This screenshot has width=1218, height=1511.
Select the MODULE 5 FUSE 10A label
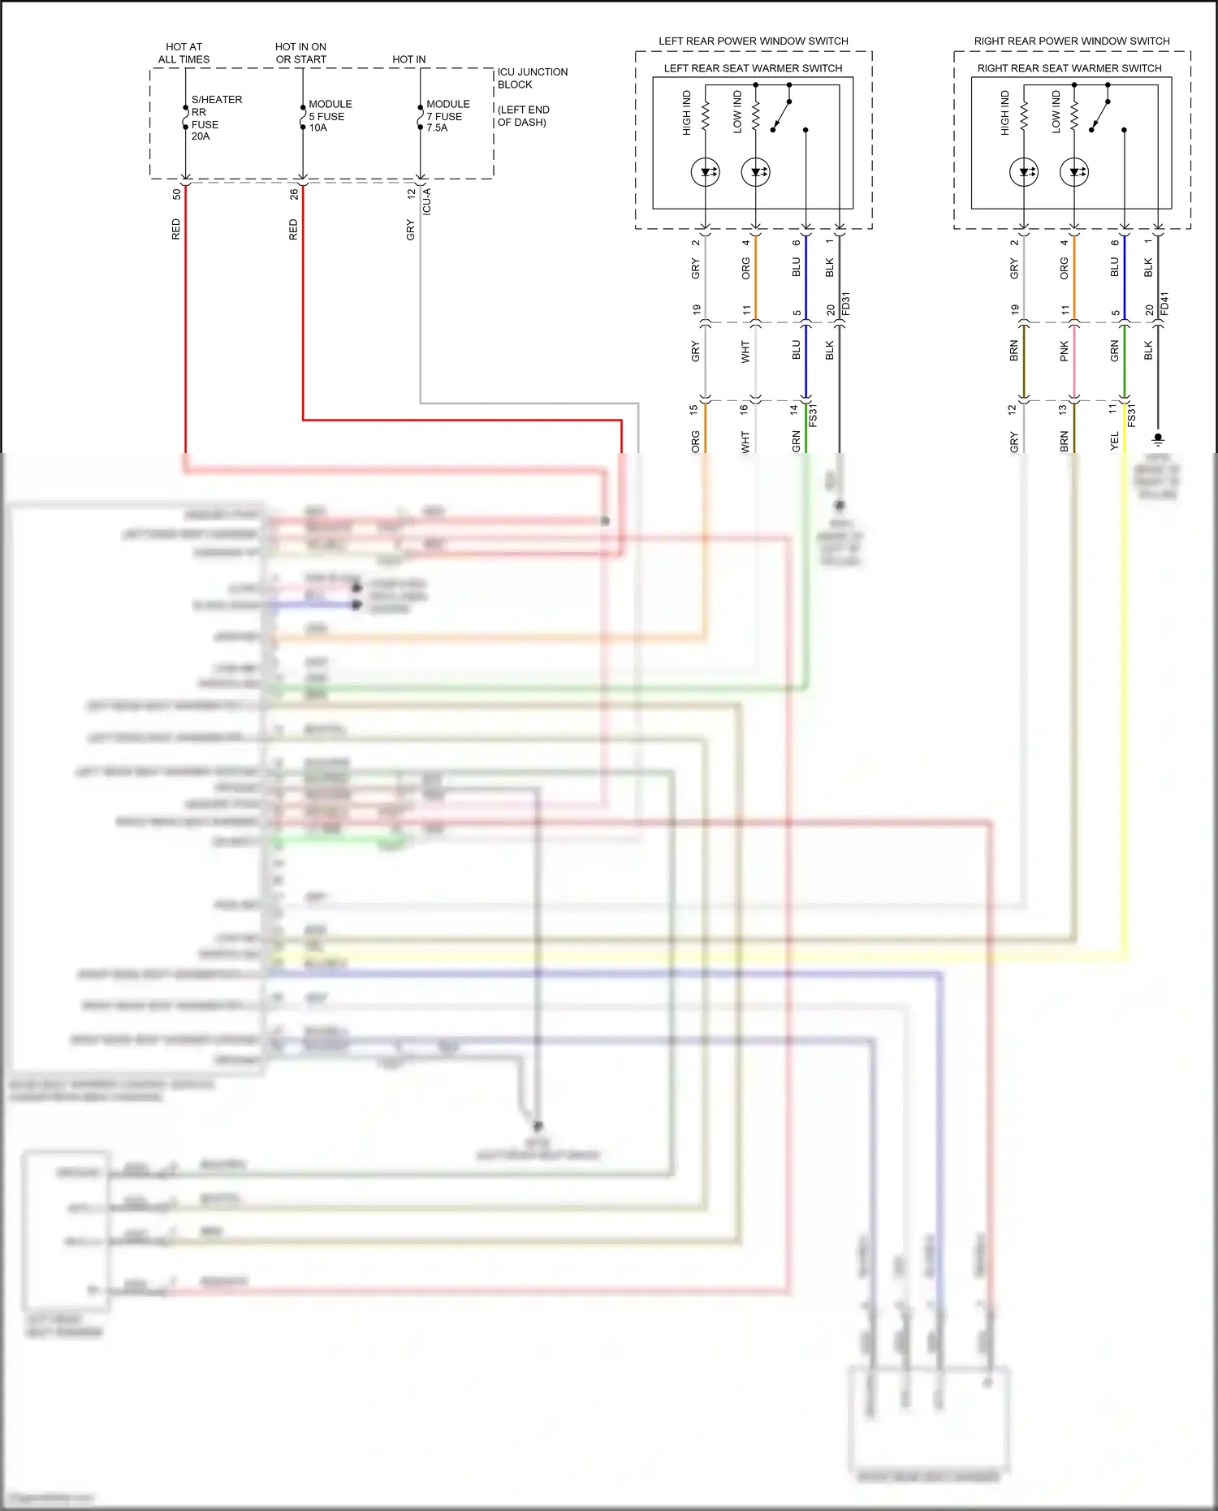pos(329,116)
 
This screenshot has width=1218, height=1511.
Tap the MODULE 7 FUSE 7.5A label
pos(447,116)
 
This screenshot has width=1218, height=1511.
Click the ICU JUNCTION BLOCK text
pos(532,78)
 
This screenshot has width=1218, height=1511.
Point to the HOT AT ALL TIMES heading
pos(184,53)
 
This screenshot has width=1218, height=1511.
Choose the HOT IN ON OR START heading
pos(300,53)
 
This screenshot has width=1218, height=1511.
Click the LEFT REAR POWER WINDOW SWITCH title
pos(753,41)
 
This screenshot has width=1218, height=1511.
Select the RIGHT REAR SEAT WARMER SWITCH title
pos(1069,68)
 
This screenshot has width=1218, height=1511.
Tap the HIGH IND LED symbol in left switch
pos(705,172)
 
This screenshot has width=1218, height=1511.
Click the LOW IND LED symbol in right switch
pos(1074,172)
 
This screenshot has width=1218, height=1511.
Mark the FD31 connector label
pos(846,304)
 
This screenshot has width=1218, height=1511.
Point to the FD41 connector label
pos(1164,304)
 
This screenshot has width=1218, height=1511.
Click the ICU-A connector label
pos(427,201)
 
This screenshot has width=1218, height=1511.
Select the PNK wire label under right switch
pos(1064,352)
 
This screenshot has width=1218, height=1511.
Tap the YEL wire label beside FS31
pos(1114,441)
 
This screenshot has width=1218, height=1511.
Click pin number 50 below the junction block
pos(176,195)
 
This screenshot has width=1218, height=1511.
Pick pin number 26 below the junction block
pos(294,195)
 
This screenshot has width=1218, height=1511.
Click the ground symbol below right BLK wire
pos(1158,439)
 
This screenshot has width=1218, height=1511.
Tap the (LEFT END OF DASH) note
pos(523,116)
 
